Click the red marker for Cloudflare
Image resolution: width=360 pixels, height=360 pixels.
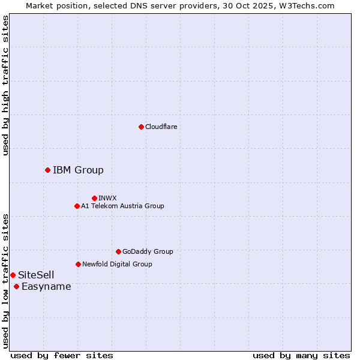[x=141, y=127]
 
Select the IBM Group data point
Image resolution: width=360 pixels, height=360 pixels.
[x=47, y=170]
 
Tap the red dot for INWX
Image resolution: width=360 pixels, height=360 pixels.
[x=94, y=198]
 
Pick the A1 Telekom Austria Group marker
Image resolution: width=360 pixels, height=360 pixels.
[x=77, y=206]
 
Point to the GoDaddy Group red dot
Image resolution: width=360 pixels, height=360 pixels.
[x=118, y=251]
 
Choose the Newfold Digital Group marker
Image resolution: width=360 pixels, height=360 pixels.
[x=78, y=264]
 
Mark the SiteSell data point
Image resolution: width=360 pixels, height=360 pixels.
[x=13, y=275]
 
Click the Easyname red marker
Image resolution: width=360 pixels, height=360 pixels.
[x=16, y=286]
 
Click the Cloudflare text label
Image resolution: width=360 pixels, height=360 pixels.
[x=161, y=127]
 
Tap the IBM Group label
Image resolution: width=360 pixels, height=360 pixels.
[x=78, y=170]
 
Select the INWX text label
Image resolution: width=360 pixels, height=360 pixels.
[x=107, y=198]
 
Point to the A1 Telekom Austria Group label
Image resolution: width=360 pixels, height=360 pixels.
[x=122, y=206]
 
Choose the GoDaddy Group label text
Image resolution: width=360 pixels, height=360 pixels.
[x=148, y=251]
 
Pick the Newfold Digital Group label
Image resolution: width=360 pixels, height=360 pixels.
[x=117, y=264]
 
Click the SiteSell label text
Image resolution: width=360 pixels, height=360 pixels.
[x=36, y=275]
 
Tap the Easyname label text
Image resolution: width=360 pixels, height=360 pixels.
[x=46, y=286]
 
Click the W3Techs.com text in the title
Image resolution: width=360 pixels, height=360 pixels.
[x=309, y=5]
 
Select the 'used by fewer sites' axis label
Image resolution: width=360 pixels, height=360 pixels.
[x=62, y=355]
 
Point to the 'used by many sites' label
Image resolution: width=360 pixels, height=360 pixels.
[x=301, y=355]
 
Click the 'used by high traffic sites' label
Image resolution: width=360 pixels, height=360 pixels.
[x=5, y=85]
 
